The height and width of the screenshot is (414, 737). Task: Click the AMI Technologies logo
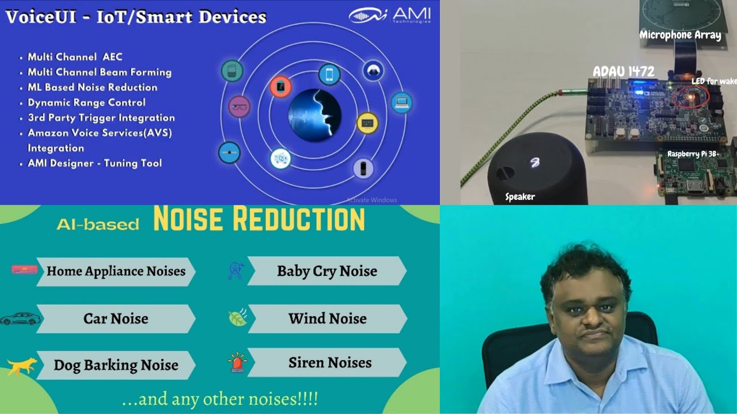[x=389, y=16]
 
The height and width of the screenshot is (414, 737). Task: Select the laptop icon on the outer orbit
[x=401, y=103]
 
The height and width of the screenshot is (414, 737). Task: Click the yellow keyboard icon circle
[x=367, y=123]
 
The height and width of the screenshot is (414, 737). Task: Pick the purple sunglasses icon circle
[x=239, y=107]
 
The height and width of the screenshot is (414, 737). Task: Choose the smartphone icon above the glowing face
[x=329, y=74]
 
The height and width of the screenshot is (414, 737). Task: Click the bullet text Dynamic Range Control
[x=86, y=102]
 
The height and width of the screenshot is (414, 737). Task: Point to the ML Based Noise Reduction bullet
[x=92, y=87]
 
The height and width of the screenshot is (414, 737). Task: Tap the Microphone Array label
[x=680, y=35]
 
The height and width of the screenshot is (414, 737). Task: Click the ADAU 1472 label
[x=624, y=72]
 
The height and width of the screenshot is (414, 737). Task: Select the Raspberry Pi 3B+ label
[x=693, y=154]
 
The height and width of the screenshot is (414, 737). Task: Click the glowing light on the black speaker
[x=535, y=163]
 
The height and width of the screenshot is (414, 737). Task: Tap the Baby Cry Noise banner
[x=326, y=271]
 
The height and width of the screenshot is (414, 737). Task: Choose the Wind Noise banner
[x=327, y=319]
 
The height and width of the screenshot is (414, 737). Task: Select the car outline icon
[x=21, y=319]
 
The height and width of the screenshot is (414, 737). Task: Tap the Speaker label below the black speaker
[x=520, y=197]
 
